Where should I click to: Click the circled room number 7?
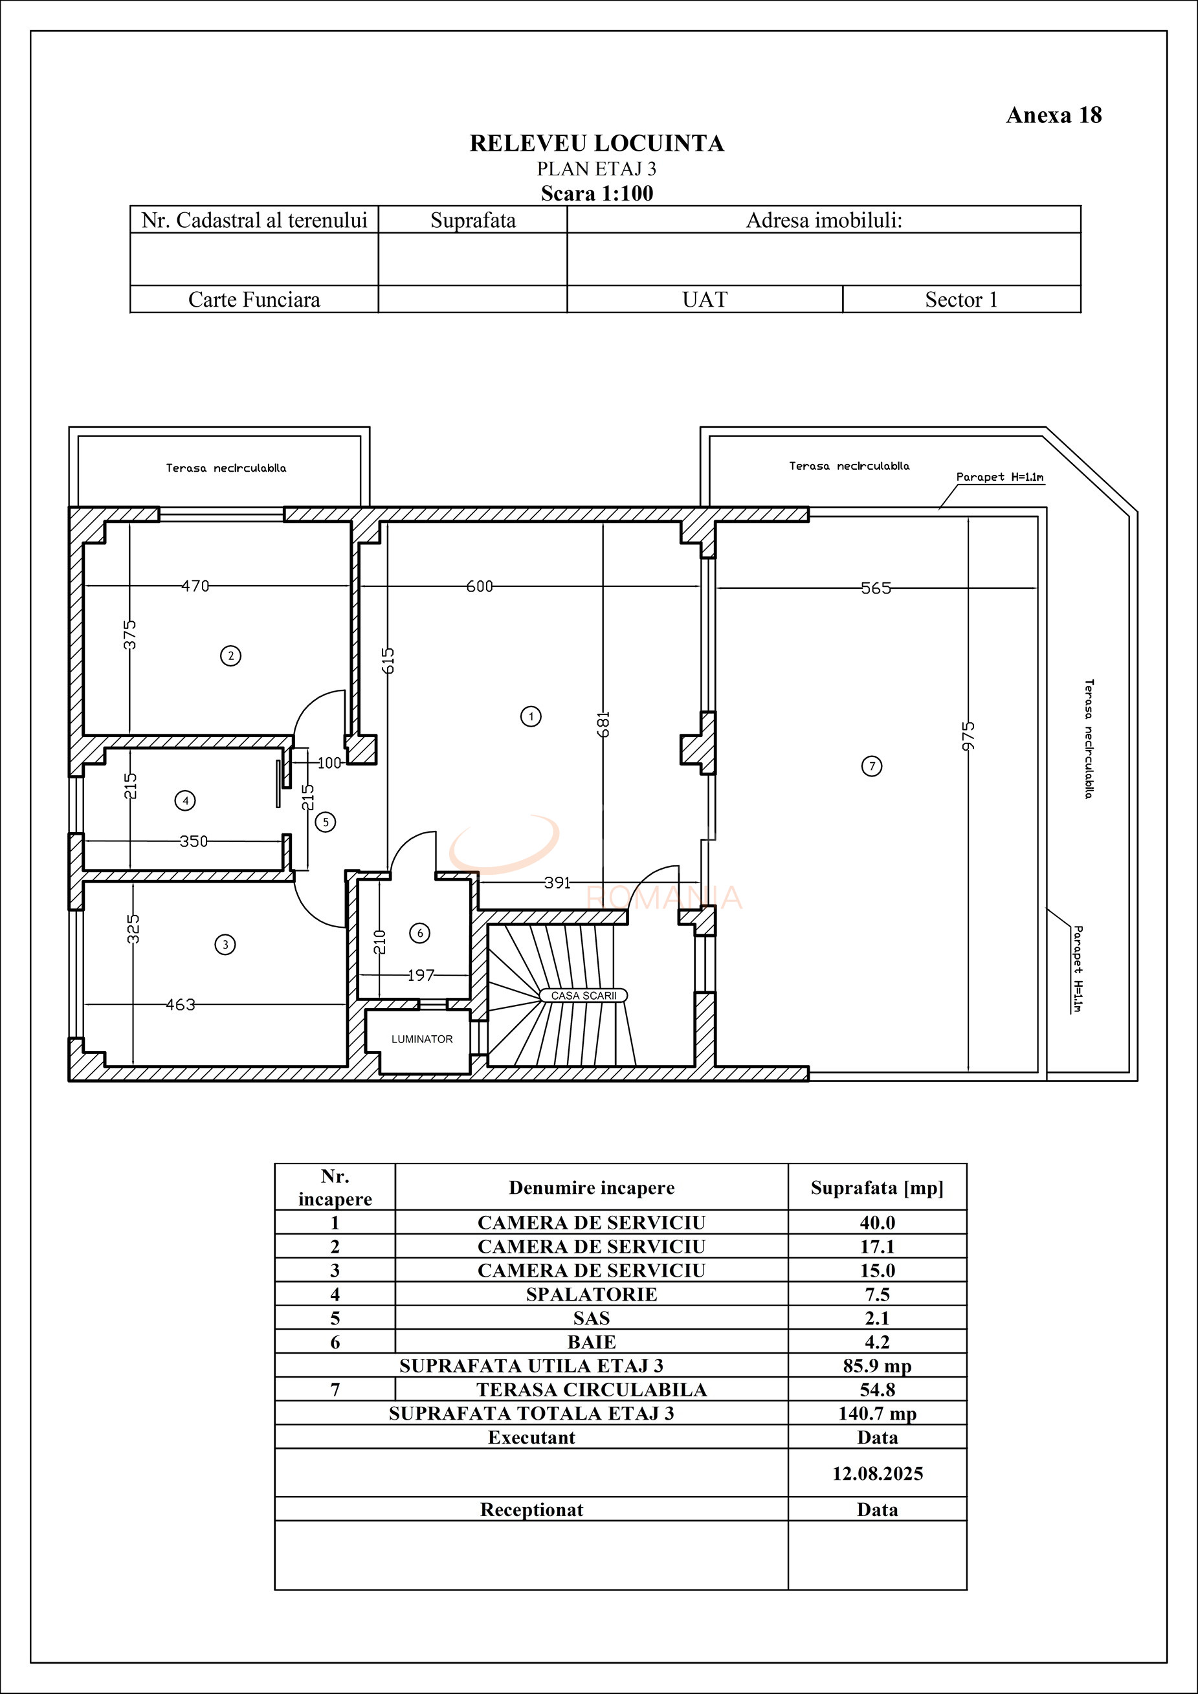[x=872, y=766]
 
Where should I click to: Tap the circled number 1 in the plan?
[x=531, y=716]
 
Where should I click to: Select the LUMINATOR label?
[x=421, y=1039]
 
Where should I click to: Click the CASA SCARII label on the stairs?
[x=583, y=995]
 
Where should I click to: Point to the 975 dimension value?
[x=968, y=736]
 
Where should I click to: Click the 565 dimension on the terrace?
[x=876, y=588]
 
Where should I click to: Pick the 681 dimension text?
[x=603, y=724]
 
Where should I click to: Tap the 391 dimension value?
[x=557, y=883]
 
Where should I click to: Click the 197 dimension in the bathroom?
[x=421, y=974]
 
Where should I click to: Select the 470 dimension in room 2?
[x=195, y=586]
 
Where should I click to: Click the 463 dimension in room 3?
[x=180, y=1004]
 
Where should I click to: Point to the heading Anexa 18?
[x=1053, y=115]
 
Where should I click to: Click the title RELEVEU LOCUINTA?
[x=597, y=143]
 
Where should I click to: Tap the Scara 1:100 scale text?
[x=597, y=193]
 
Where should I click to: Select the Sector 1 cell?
[x=961, y=300]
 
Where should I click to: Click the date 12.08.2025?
[x=877, y=1473]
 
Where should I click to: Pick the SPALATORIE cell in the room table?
[x=592, y=1294]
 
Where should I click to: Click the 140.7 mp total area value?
[x=877, y=1414]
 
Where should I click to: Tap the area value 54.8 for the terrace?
[x=877, y=1390]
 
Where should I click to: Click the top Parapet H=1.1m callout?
[x=999, y=478]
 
